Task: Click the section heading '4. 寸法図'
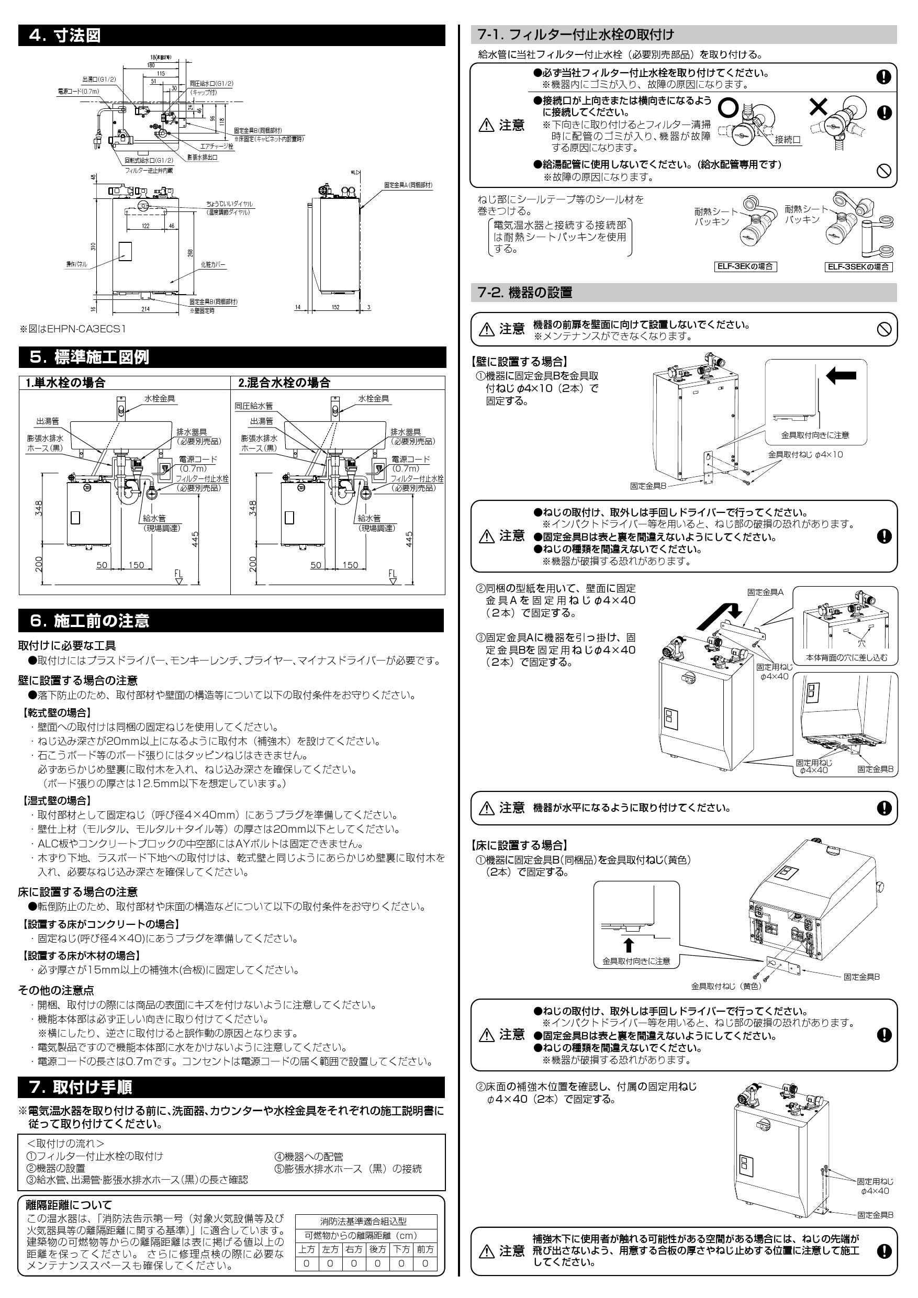click(65, 36)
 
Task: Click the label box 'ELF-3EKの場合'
click(745, 266)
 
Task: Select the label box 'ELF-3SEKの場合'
click(858, 267)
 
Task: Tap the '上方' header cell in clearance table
click(307, 1249)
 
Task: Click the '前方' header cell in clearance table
click(424, 1249)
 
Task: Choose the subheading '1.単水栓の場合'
click(65, 383)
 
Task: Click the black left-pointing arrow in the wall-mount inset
click(841, 375)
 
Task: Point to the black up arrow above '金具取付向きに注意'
click(628, 945)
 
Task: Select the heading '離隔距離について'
click(70, 1205)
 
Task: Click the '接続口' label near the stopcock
click(788, 140)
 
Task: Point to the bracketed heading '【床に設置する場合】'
click(518, 845)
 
